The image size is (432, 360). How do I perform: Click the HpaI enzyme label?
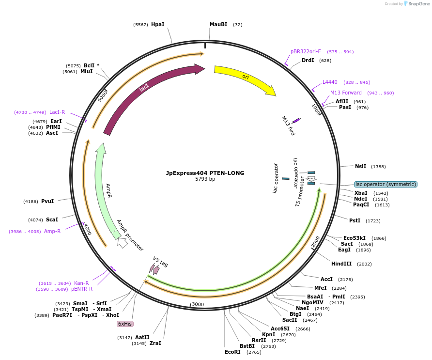click(157, 24)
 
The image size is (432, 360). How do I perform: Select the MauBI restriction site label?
click(218, 24)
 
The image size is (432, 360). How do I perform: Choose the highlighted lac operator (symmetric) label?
click(386, 184)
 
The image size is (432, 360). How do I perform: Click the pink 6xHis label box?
click(125, 324)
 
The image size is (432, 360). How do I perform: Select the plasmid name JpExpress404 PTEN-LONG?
click(205, 173)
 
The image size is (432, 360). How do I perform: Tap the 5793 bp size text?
click(205, 179)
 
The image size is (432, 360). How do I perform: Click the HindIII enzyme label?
click(341, 264)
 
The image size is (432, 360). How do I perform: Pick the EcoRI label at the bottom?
click(232, 352)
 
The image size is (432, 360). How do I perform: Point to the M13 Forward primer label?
click(346, 93)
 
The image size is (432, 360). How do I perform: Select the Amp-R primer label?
click(52, 231)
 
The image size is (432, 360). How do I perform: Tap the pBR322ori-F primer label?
click(306, 51)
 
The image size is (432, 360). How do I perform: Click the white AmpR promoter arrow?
click(123, 242)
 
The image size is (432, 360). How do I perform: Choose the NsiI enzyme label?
click(360, 166)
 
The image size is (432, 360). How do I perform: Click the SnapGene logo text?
click(419, 4)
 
